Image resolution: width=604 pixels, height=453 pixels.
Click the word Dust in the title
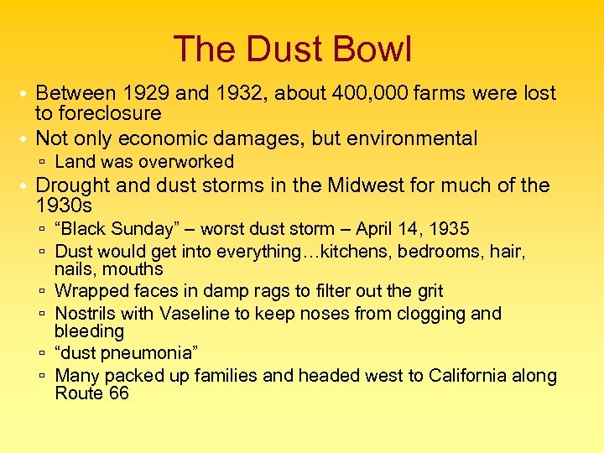pos(275,49)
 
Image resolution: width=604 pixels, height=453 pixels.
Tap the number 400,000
pos(365,93)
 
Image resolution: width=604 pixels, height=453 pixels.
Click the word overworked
pos(186,162)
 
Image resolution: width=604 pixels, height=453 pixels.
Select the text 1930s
pos(64,206)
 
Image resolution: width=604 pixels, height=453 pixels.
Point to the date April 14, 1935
pos(413,229)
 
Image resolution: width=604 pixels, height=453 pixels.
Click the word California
pos(477,376)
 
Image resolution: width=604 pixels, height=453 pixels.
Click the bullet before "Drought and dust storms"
pos(25,186)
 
